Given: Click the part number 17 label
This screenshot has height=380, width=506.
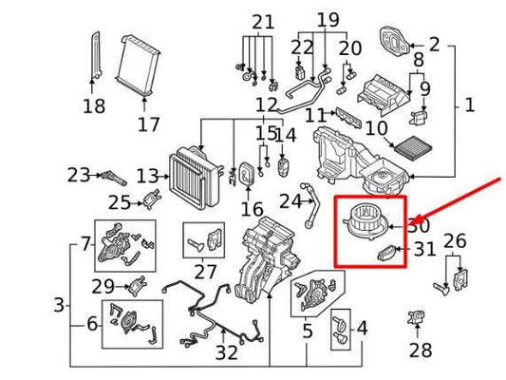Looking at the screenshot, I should [148, 124].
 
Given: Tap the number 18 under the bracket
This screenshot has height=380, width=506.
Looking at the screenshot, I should [94, 107].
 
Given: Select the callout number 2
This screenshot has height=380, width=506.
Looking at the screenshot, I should [434, 44].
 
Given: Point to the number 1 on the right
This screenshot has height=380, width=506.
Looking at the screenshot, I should [469, 105].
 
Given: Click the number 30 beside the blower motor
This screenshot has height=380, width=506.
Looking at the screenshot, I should [418, 225].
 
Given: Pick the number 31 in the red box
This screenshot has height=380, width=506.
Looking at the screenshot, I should [423, 250].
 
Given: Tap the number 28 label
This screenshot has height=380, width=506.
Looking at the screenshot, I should [421, 351].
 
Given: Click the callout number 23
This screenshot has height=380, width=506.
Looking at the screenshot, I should [78, 175].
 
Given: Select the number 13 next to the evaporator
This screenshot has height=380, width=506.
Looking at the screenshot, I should [146, 176].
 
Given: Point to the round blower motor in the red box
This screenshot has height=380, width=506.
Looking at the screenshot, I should [364, 219].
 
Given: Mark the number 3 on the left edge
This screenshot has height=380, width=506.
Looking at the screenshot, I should [59, 305].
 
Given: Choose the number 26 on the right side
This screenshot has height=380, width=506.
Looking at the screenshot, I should [456, 241].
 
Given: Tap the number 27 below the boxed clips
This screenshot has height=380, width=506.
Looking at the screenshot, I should [205, 271].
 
